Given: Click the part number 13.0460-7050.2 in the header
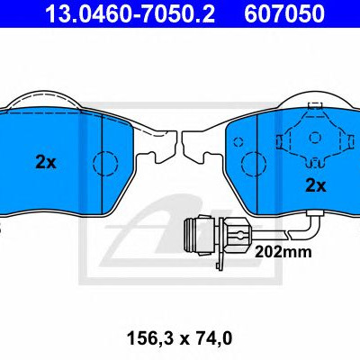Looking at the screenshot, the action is click(130, 13).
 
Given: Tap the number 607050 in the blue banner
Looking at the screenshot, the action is click(284, 13).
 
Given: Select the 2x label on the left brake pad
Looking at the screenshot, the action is click(46, 162).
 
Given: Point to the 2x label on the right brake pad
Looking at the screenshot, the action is click(315, 185).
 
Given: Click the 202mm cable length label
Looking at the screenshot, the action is click(283, 252).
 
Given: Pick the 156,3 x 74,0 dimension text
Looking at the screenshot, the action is click(179, 338).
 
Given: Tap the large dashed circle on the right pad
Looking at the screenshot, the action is click(254, 164).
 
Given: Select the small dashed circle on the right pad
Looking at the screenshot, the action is click(238, 141).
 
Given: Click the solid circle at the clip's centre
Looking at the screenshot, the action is click(315, 138).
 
